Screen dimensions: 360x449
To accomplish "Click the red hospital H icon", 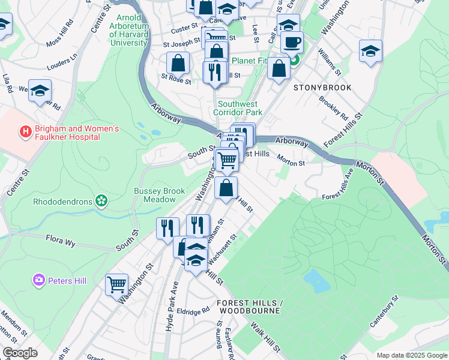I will coord(25,130).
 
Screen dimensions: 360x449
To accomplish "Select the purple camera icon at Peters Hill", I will coord(40,280).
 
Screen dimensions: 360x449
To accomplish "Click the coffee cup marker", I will coord(292,43).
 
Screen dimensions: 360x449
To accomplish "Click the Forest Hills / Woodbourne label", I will coord(249,306).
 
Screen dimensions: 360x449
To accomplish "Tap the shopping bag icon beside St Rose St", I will coord(178,63).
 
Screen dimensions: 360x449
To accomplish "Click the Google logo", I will coord(20,353).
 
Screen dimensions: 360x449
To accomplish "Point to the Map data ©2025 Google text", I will coord(411,355).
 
